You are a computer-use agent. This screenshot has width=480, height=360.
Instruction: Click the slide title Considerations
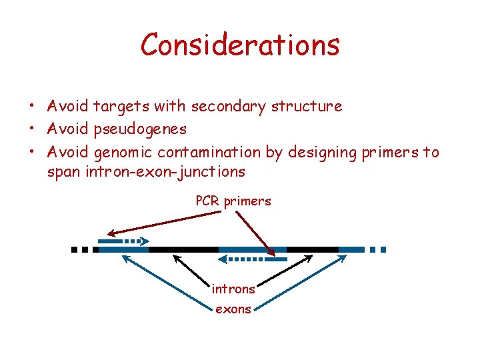click(240, 45)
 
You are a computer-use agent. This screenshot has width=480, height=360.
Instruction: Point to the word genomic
click(125, 152)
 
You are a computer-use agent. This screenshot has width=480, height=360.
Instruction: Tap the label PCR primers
click(233, 201)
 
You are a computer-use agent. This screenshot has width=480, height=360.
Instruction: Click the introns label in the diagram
click(233, 289)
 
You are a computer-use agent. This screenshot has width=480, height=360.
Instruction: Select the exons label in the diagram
click(233, 309)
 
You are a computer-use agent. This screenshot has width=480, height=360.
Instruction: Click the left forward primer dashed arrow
click(124, 241)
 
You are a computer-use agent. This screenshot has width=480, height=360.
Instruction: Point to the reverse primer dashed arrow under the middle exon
click(251, 258)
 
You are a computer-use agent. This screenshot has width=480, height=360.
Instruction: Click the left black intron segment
click(183, 249)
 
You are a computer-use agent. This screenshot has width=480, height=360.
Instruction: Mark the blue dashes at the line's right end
click(377, 249)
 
